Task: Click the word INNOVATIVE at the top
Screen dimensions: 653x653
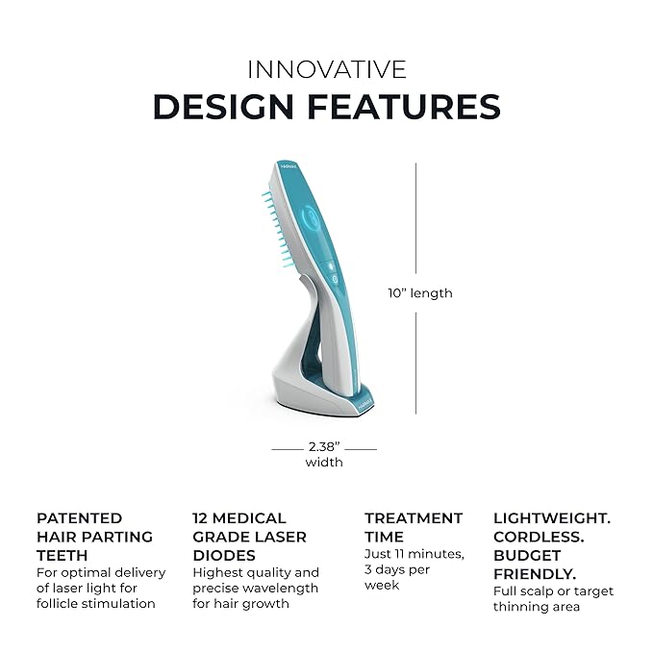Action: click(x=326, y=69)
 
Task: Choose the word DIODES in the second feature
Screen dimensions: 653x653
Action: click(x=224, y=555)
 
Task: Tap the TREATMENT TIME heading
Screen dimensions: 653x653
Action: click(x=413, y=527)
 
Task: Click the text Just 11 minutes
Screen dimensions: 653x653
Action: click(x=414, y=554)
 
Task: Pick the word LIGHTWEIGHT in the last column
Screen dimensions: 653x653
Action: click(x=552, y=518)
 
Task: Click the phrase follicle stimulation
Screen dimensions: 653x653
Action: click(x=95, y=604)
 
